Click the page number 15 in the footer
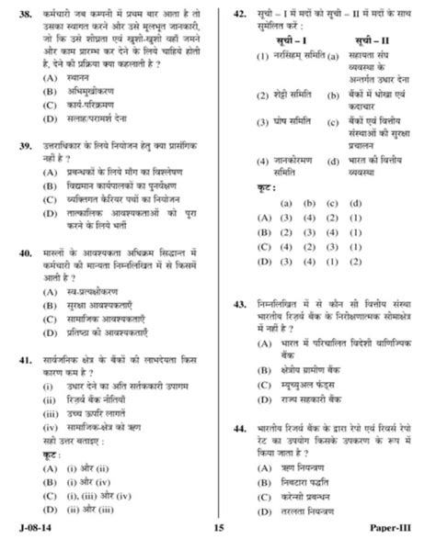[x=218, y=527]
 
